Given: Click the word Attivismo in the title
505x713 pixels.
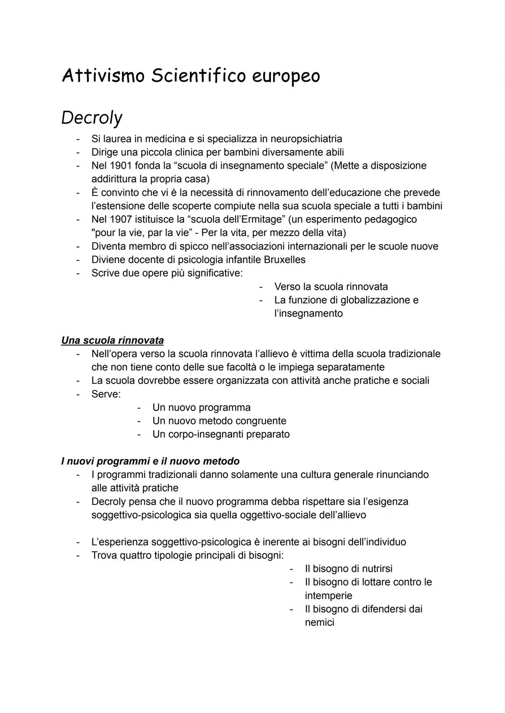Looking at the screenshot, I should click(103, 76).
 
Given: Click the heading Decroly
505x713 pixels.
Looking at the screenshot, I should click(92, 118).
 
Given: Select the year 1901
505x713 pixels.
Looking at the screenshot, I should click(121, 166).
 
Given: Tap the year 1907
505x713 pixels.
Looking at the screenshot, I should click(121, 219).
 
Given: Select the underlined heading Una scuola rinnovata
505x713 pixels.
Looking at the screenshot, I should click(112, 340).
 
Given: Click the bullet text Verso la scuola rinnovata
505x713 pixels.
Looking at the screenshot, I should click(331, 287).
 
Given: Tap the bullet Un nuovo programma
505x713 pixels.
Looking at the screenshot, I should click(201, 408).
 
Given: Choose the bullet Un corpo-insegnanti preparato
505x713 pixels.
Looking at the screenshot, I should click(221, 434).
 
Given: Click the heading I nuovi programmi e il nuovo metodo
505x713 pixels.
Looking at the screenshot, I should click(150, 461).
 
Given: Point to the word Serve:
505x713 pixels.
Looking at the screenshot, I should click(106, 394).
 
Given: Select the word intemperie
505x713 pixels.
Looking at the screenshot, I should click(328, 596).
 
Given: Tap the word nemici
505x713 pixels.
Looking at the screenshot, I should click(319, 623).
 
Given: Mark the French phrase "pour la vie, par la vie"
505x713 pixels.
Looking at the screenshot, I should click(142, 233).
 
